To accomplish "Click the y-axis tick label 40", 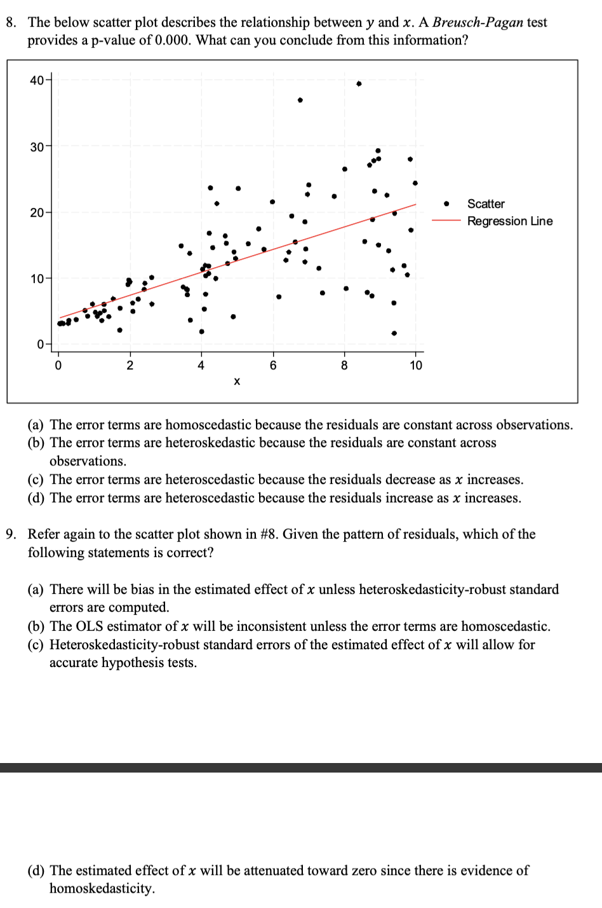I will point(36,80).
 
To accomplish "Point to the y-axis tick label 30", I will point(36,147).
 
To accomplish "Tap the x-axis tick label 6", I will point(273,366).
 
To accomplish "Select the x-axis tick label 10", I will point(416,366).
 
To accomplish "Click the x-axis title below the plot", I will point(237,382).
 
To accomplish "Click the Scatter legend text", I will point(486,204).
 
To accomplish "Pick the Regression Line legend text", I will point(510,221).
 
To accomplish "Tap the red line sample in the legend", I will point(446,221).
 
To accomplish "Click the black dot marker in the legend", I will point(446,204).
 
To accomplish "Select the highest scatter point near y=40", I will point(359,83).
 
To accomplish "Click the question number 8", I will point(11,23).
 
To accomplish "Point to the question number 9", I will point(11,535).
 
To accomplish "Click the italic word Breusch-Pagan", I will point(478,23).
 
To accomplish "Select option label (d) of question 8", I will point(36,499).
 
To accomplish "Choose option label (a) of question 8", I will point(36,425).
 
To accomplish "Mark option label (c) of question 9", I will point(36,645).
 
